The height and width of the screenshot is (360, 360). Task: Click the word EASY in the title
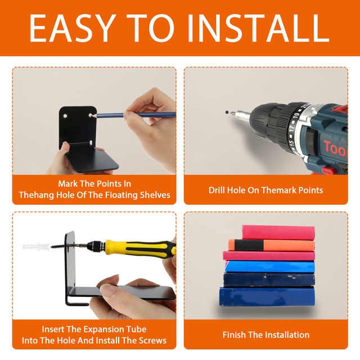[x=73, y=28]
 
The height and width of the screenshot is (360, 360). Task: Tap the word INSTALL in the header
[x=259, y=28]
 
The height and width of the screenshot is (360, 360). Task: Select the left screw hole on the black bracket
[x=65, y=116]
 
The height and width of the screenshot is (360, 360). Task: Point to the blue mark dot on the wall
[x=227, y=112]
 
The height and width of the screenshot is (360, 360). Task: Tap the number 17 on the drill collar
[x=291, y=129]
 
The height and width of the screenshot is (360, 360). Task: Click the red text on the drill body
[x=335, y=148]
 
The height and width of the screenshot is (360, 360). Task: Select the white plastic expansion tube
[x=36, y=247]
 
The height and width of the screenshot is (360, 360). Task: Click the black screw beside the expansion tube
[x=58, y=247]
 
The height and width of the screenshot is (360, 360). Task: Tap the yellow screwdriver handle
[x=140, y=248]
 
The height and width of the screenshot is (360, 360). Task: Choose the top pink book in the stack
[x=278, y=232]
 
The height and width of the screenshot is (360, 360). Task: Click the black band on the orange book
[x=249, y=245]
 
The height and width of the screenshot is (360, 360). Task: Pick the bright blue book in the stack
[x=270, y=267]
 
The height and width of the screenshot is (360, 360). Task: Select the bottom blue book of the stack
[x=267, y=296]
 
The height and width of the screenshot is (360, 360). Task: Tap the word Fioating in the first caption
[x=120, y=195]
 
